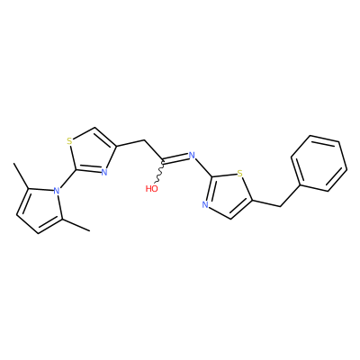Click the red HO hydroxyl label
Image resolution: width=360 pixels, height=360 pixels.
pyautogui.click(x=152, y=189)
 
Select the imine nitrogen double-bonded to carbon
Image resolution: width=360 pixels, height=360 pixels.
pyautogui.click(x=192, y=155)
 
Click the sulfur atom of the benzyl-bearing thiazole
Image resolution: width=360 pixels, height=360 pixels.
pyautogui.click(x=239, y=174)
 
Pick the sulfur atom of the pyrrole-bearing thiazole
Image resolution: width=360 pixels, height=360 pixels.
pyautogui.click(x=69, y=141)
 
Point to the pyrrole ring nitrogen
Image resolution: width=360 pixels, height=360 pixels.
pyautogui.click(x=56, y=190)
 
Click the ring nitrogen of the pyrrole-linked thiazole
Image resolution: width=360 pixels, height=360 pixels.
pyautogui.click(x=103, y=172)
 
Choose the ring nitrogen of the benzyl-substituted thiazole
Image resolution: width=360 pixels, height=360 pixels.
pyautogui.click(x=205, y=205)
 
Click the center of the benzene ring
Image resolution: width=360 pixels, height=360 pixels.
pyautogui.click(x=319, y=164)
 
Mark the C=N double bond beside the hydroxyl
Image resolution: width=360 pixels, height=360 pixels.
pyautogui.click(x=175, y=157)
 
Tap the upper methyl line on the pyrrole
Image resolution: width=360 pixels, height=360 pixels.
pyautogui.click(x=21, y=175)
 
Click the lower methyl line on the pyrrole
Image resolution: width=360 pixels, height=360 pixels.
pyautogui.click(x=76, y=225)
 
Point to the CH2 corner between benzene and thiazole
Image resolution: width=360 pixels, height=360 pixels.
pyautogui.click(x=280, y=206)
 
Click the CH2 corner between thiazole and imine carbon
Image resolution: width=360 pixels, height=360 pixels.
pyautogui.click(x=145, y=140)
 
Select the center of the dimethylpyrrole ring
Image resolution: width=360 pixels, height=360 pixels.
pyautogui.click(x=41, y=209)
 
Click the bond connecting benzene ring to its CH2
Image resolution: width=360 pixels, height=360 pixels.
pyautogui.click(x=290, y=195)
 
